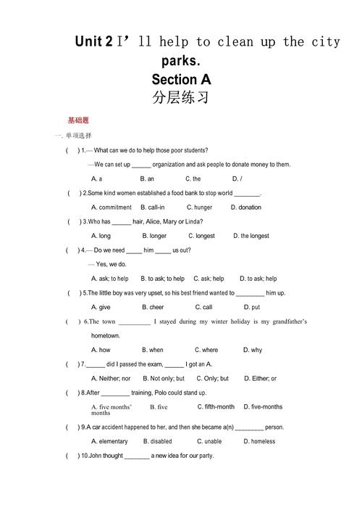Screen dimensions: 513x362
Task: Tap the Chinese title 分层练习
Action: point(181,97)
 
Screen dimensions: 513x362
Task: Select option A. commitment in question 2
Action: point(111,208)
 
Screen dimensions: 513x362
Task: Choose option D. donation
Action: point(246,208)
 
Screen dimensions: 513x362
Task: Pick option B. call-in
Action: point(153,208)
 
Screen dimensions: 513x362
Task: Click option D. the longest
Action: point(251,236)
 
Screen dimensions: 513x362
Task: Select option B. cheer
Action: point(153,307)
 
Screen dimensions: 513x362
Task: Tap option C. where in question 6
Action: point(207,350)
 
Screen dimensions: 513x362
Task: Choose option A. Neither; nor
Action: point(111,378)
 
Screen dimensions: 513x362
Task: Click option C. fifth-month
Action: point(216,407)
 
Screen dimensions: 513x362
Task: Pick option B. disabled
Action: point(158,441)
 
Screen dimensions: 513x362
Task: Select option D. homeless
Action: point(258,441)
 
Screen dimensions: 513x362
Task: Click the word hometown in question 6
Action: point(106,336)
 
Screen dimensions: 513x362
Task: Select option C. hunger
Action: point(199,208)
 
